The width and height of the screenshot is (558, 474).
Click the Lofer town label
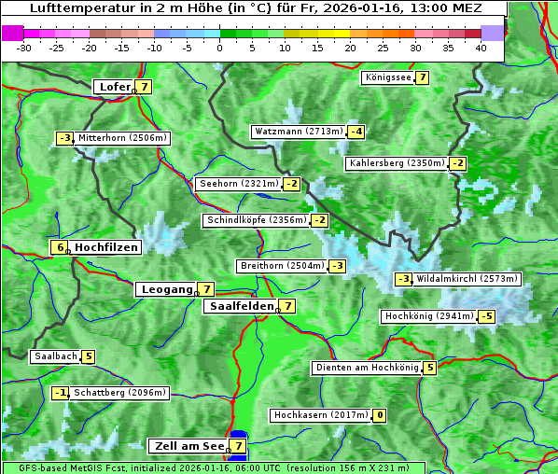pyautogui.click(x=114, y=87)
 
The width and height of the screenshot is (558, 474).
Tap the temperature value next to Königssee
pyautogui.click(x=422, y=77)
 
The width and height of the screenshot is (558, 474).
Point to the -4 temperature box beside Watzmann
pyautogui.click(x=356, y=132)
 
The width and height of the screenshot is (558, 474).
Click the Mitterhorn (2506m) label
pyautogui.click(x=122, y=138)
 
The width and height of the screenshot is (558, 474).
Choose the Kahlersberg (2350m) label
pyautogui.click(x=397, y=163)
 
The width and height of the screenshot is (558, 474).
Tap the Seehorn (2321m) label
pyautogui.click(x=239, y=184)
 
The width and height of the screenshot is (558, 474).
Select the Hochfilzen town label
pyautogui.click(x=106, y=247)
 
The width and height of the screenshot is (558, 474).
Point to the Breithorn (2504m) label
pyautogui.click(x=281, y=266)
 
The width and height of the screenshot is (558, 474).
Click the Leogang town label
pyautogui.click(x=166, y=289)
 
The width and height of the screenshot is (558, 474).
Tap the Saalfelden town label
pyautogui.click(x=241, y=305)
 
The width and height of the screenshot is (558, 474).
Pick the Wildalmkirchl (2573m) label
pyautogui.click(x=467, y=279)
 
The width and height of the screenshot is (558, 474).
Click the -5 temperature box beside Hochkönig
pyautogui.click(x=486, y=316)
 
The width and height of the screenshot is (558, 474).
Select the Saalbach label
pyautogui.click(x=55, y=356)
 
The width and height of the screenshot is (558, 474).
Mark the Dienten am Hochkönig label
pyautogui.click(x=366, y=368)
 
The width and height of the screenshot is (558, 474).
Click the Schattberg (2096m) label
pyautogui.click(x=120, y=393)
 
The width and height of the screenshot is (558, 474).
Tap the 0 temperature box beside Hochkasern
pyautogui.click(x=380, y=415)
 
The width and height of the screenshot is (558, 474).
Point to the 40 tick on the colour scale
pyautogui.click(x=481, y=47)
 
